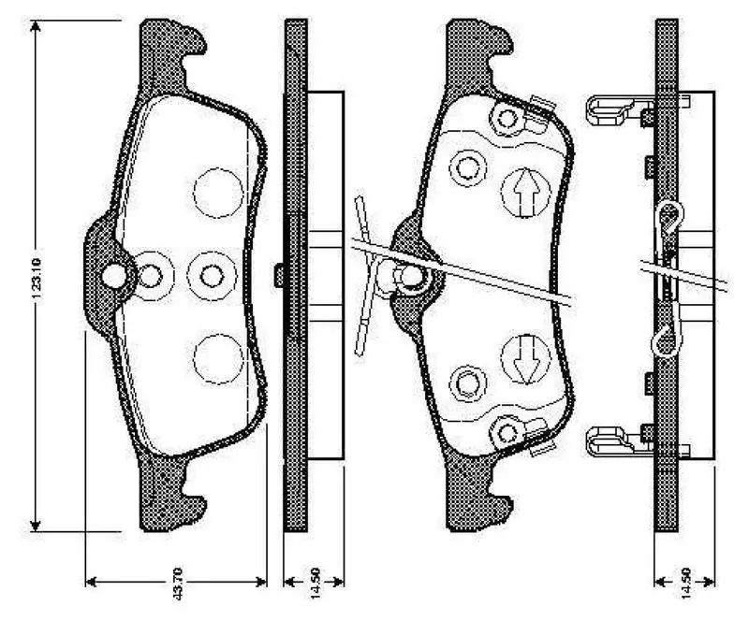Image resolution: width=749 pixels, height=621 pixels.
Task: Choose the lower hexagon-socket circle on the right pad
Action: pyautogui.click(x=465, y=382)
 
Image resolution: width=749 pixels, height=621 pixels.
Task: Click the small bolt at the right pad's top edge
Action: pyautogui.click(x=508, y=119)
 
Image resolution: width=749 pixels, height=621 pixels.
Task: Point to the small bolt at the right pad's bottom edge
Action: pyautogui.click(x=508, y=432)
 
